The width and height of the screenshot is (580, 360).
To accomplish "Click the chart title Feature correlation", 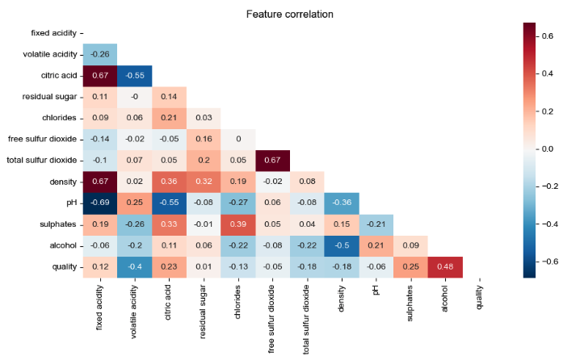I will pyautogui.click(x=289, y=14).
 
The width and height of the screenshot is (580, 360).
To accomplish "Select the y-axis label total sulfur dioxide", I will pyautogui.click(x=40, y=160).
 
